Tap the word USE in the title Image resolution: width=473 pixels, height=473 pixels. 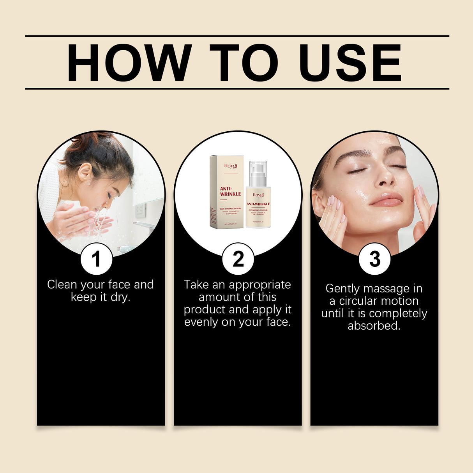(x=350, y=63)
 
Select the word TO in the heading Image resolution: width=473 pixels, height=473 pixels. (x=244, y=63)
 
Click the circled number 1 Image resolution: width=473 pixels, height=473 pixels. (x=96, y=259)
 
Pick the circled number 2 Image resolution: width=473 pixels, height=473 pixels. (x=238, y=259)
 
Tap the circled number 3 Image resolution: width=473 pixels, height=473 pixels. (x=374, y=259)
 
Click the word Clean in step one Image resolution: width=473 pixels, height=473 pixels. (x=62, y=285)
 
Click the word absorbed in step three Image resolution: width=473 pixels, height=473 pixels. (x=374, y=326)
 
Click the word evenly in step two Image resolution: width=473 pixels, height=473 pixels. (x=201, y=322)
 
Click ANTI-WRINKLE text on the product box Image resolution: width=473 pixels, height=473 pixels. (x=230, y=191)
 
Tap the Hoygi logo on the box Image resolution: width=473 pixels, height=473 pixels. (x=230, y=166)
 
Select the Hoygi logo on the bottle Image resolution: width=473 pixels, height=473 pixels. (x=258, y=195)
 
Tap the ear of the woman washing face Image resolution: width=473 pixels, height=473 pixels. (x=85, y=171)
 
